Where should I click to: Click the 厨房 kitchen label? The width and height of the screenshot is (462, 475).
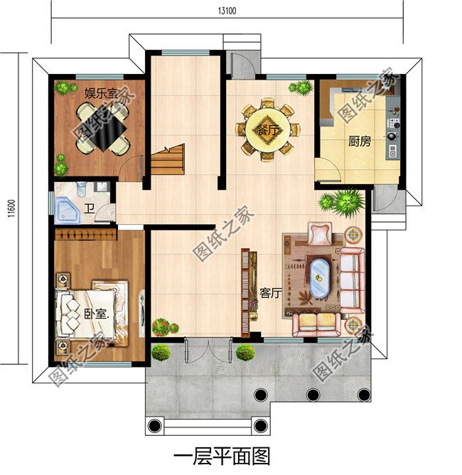click(360, 141)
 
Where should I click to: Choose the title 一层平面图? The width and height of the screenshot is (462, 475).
click(222, 454)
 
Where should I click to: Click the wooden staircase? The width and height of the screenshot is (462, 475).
click(168, 161)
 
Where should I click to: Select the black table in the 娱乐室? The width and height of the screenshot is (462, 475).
click(103, 129)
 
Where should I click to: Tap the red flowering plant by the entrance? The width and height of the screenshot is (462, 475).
click(165, 328)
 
